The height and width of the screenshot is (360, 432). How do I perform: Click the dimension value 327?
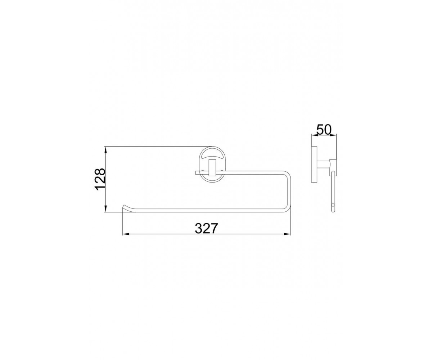(x=206, y=228)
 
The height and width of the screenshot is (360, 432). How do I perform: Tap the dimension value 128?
(x=100, y=179)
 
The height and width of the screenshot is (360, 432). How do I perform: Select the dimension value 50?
(x=324, y=130)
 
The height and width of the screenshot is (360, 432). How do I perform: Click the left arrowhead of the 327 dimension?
(x=126, y=234)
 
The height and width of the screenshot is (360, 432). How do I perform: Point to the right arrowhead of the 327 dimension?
(x=287, y=234)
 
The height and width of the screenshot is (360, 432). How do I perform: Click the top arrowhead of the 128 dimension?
(x=106, y=150)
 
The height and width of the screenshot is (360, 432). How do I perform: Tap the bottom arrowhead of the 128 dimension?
(x=106, y=208)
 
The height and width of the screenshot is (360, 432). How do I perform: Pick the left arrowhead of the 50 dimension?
(x=315, y=135)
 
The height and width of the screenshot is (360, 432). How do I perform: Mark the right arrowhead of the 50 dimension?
(x=333, y=135)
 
